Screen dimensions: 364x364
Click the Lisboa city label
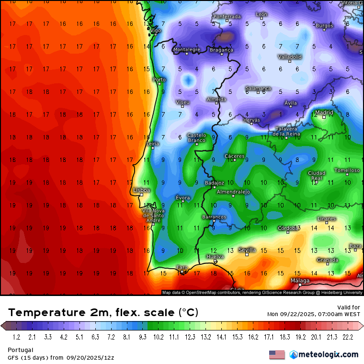(x=142, y=190)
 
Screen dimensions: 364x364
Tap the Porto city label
(x=159, y=80)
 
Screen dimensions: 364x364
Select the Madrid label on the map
(x=324, y=113)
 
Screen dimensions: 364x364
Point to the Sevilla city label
(x=247, y=250)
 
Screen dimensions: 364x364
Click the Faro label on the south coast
(x=182, y=267)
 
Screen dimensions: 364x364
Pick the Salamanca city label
(x=258, y=89)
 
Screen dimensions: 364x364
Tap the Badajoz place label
(x=214, y=183)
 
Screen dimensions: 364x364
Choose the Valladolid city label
(x=290, y=57)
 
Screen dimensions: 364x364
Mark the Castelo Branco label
(x=196, y=137)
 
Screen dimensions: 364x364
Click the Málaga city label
(x=300, y=281)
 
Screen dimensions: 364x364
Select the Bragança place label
(x=221, y=50)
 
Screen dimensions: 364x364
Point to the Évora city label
(x=182, y=198)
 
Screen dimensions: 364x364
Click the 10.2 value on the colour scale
(x=158, y=337)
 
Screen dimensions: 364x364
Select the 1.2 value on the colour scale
(x=16, y=337)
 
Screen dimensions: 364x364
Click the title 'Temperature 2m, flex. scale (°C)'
(x=103, y=313)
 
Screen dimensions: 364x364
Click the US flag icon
(x=277, y=354)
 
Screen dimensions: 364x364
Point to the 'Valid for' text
(x=349, y=307)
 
